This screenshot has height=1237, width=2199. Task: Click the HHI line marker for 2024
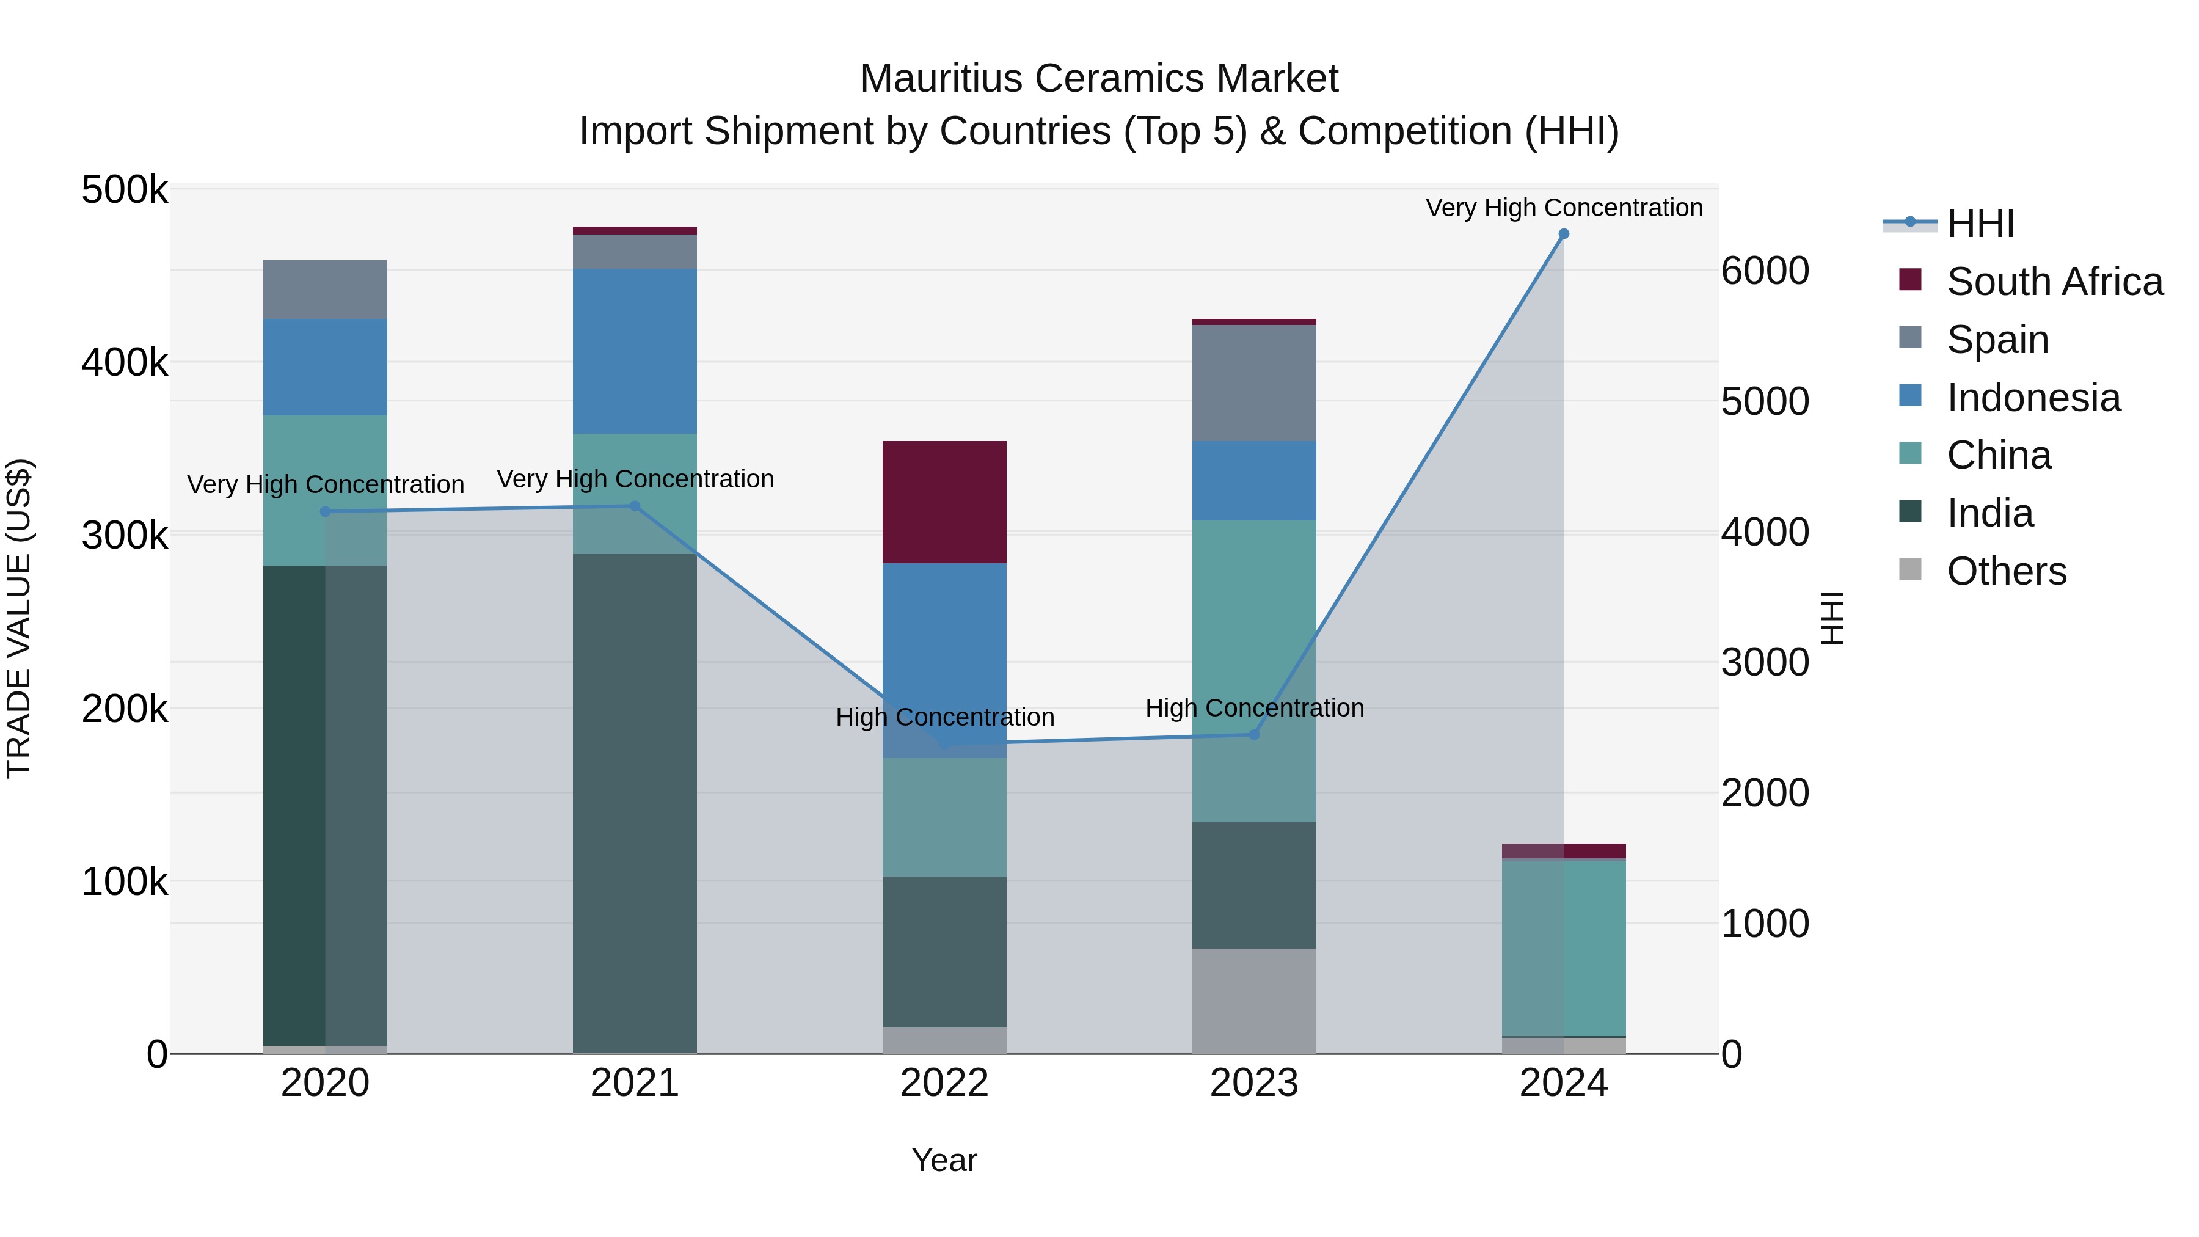[1563, 234]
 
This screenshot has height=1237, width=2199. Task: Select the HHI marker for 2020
[325, 511]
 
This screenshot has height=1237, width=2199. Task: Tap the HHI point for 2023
[1254, 735]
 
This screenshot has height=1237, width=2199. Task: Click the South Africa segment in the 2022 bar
[944, 502]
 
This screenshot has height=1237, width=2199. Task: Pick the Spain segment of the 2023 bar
[1254, 382]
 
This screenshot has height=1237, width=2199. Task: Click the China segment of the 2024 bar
[1563, 947]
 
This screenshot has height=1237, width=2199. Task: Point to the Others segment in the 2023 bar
[1254, 1001]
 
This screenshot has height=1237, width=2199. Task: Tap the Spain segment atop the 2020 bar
[325, 290]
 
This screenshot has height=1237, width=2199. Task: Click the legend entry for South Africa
[2054, 282]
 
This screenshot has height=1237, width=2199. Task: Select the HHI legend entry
[1980, 224]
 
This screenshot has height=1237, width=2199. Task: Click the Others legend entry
[2006, 571]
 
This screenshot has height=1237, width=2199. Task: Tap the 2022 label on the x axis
[944, 1083]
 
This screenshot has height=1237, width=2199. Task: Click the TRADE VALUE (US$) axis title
[19, 618]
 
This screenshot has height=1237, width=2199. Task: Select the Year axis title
[944, 1160]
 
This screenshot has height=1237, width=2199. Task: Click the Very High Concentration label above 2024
[1563, 208]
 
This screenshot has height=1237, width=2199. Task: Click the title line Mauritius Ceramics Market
[1099, 79]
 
